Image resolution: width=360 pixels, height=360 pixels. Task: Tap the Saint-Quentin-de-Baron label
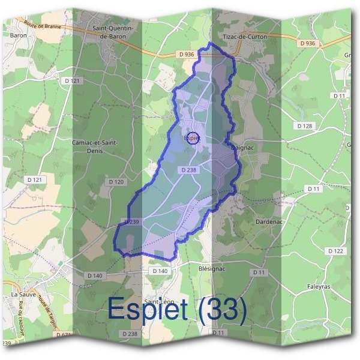pyautogui.click(x=113, y=32)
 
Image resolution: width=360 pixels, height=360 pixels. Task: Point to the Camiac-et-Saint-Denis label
pyautogui.click(x=95, y=146)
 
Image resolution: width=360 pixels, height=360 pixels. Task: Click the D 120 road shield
pyautogui.click(x=116, y=181)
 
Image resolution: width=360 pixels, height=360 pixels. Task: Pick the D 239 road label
pyautogui.click(x=131, y=222)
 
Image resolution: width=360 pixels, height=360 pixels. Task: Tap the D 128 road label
pyautogui.click(x=305, y=126)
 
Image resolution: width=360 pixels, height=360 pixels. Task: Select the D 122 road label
pyautogui.click(x=336, y=250)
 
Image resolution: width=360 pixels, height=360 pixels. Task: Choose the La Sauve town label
pyautogui.click(x=23, y=295)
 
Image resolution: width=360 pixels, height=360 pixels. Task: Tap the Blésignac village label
pyautogui.click(x=211, y=269)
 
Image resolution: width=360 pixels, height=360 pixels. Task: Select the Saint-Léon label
pyautogui.click(x=159, y=302)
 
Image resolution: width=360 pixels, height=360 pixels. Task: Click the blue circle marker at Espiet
pyautogui.click(x=193, y=138)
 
